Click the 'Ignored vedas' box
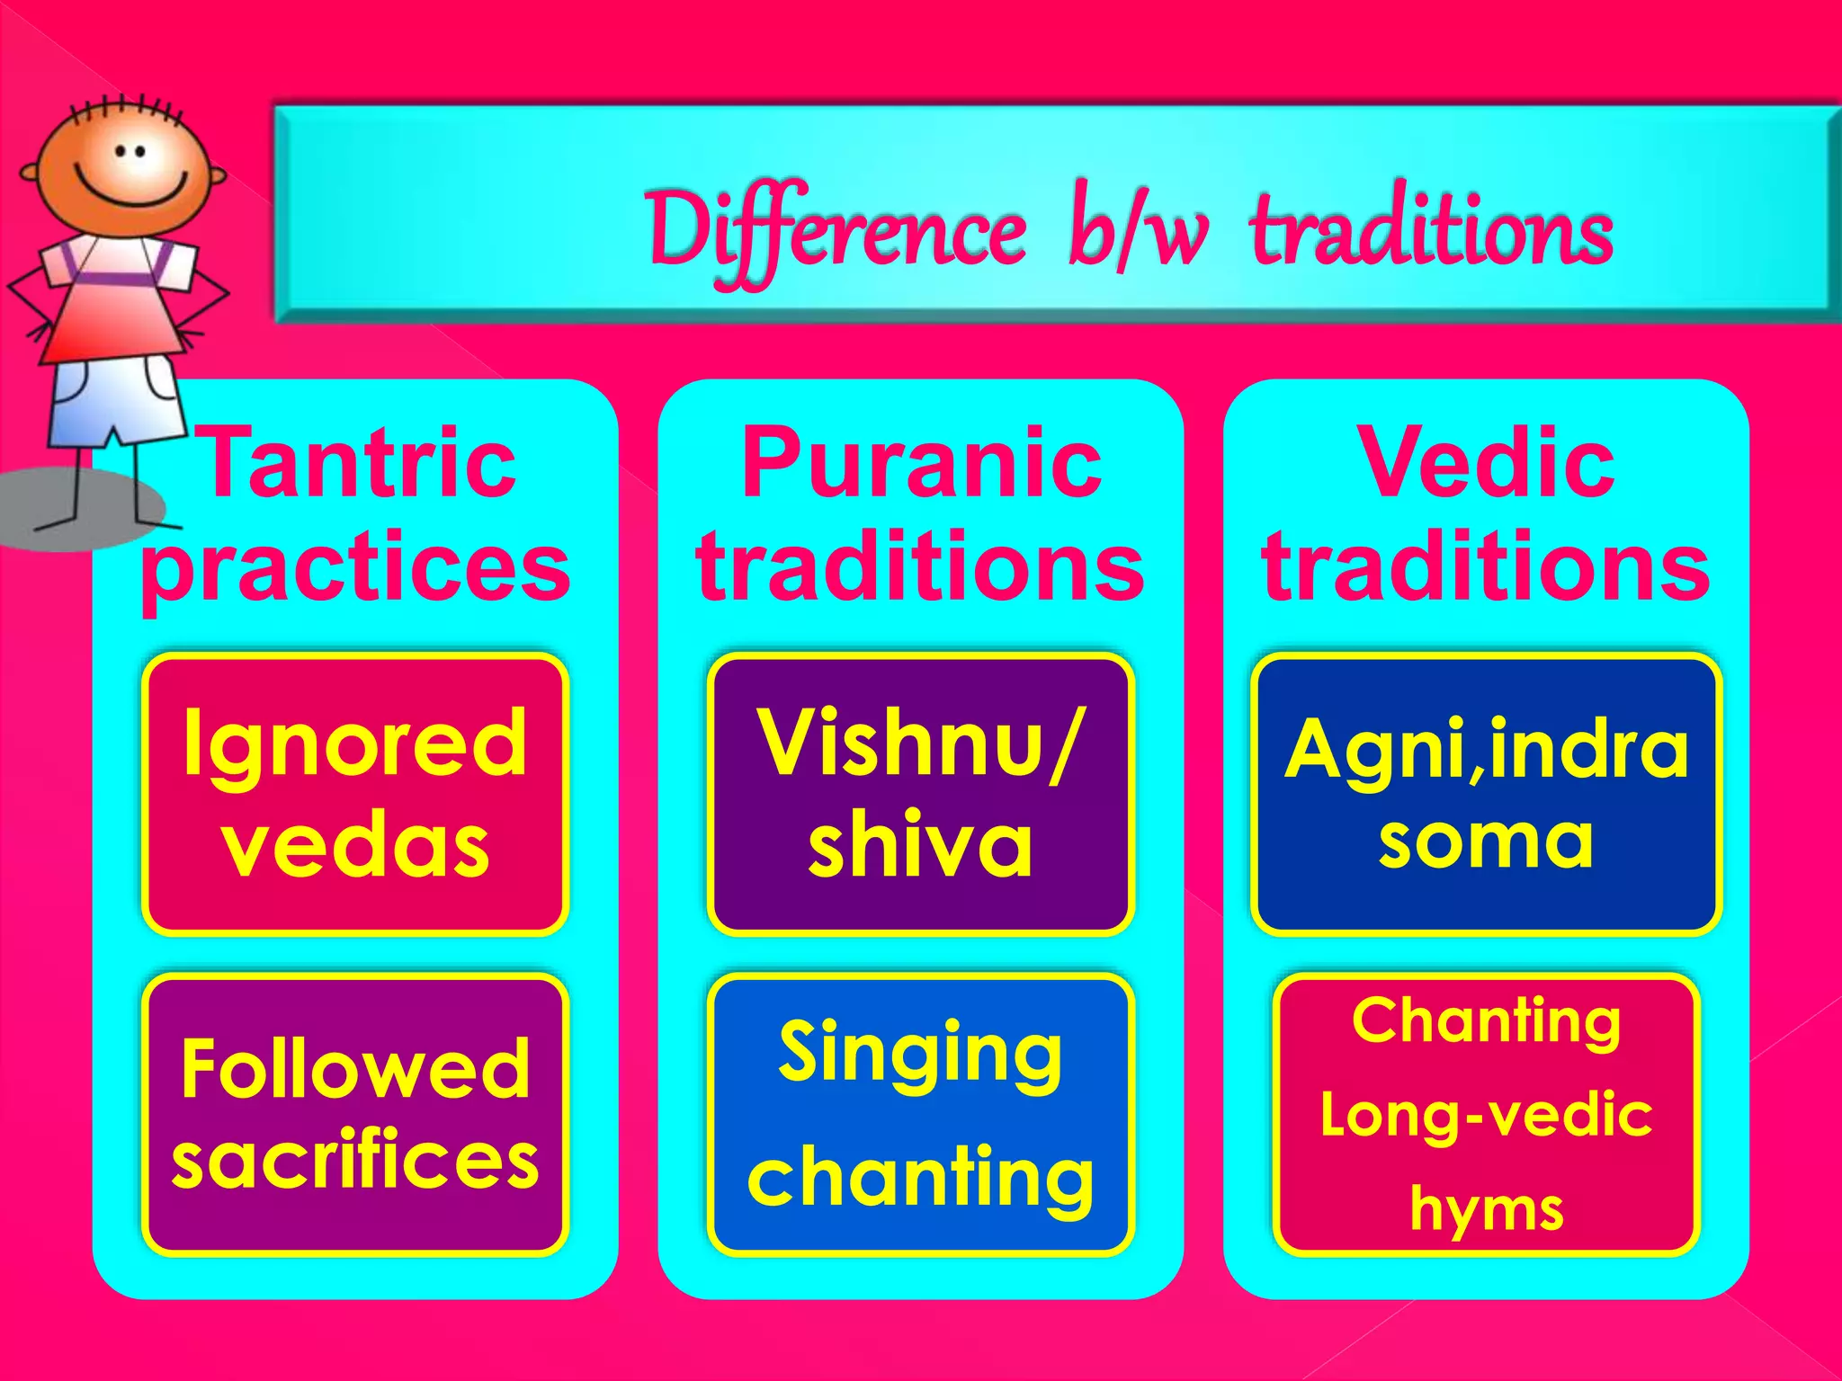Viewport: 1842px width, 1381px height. (x=354, y=795)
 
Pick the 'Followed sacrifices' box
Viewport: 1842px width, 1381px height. (x=354, y=1113)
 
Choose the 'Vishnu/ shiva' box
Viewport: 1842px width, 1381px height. (x=919, y=795)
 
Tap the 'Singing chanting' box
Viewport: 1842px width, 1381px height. (x=919, y=1113)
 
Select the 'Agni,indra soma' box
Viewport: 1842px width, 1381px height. (x=1486, y=795)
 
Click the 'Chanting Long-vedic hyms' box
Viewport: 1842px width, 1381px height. (x=1486, y=1113)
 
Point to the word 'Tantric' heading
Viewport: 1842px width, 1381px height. (x=360, y=464)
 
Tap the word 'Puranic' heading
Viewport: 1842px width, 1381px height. (x=921, y=464)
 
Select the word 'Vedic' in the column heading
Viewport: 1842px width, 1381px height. (x=1486, y=464)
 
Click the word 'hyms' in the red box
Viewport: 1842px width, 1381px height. (x=1486, y=1209)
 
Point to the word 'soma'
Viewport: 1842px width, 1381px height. (x=1486, y=842)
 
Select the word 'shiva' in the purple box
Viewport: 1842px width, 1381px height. (x=919, y=845)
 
